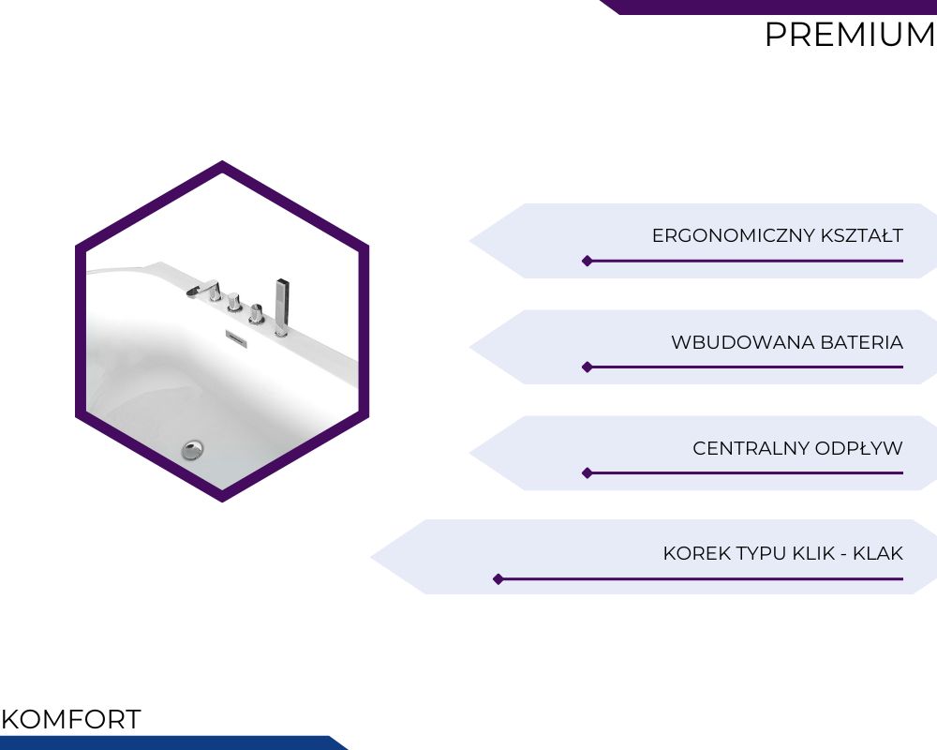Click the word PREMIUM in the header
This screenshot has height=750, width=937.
pyautogui.click(x=850, y=35)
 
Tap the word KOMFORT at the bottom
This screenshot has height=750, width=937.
pyautogui.click(x=71, y=719)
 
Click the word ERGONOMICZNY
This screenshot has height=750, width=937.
pyautogui.click(x=734, y=235)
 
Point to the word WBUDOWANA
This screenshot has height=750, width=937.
pyautogui.click(x=743, y=342)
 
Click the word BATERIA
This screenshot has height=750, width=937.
pyautogui.click(x=862, y=342)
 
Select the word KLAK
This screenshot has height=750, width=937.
pyautogui.click(x=878, y=553)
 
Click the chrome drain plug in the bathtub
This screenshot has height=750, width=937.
pyautogui.click(x=192, y=449)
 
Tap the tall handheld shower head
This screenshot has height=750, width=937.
pyautogui.click(x=282, y=307)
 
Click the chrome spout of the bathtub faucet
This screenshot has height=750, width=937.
pyautogui.click(x=203, y=290)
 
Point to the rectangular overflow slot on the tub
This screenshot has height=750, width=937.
pyautogui.click(x=236, y=337)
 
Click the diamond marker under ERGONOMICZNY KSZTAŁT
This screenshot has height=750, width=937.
pyautogui.click(x=587, y=261)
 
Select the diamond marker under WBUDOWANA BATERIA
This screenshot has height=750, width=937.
pyautogui.click(x=587, y=367)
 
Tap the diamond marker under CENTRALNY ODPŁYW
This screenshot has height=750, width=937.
pyautogui.click(x=587, y=473)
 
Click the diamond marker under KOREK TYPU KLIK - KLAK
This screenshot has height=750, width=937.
pyautogui.click(x=498, y=579)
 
